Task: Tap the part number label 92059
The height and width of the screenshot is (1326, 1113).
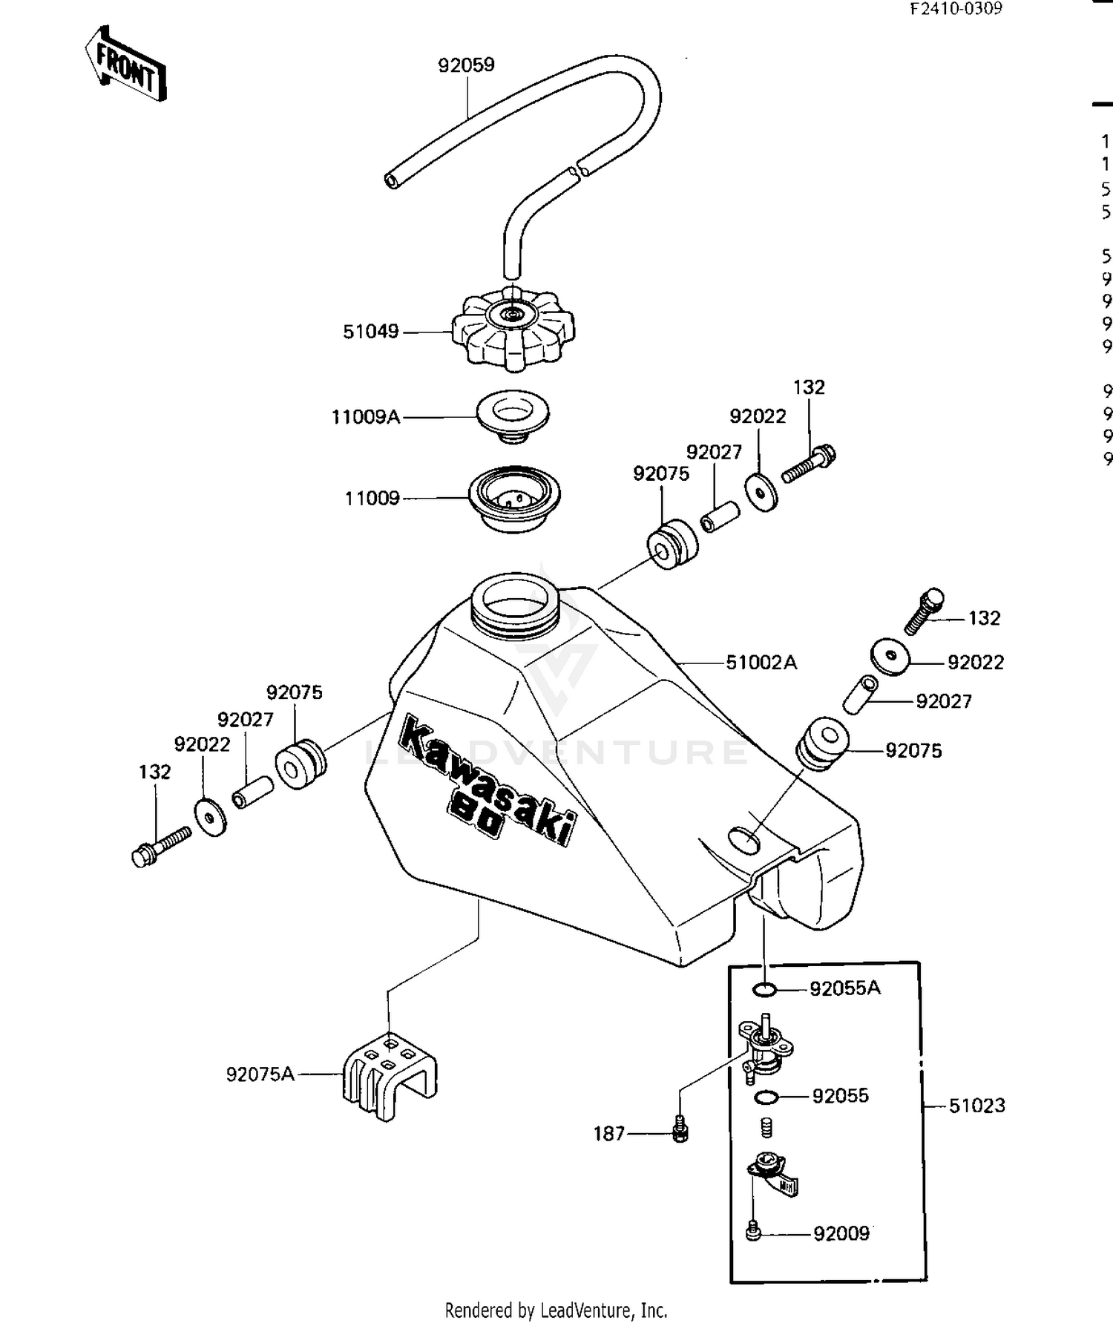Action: (466, 65)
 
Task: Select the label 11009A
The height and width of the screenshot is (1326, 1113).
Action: (365, 417)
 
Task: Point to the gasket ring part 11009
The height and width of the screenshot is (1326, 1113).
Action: (514, 499)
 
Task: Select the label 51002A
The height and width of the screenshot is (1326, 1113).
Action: (761, 662)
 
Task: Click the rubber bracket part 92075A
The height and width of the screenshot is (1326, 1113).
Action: (389, 1074)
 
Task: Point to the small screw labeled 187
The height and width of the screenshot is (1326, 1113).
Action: (680, 1131)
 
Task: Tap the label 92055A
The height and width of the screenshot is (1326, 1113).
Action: (844, 988)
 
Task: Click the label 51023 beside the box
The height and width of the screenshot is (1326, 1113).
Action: (976, 1106)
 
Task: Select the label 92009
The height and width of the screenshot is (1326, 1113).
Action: (841, 1233)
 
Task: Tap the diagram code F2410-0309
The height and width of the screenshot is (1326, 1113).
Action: (956, 8)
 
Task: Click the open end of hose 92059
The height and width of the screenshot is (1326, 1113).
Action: (391, 180)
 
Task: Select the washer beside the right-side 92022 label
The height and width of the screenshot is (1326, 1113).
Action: (890, 657)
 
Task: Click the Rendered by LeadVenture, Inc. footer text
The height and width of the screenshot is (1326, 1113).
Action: (556, 1310)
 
